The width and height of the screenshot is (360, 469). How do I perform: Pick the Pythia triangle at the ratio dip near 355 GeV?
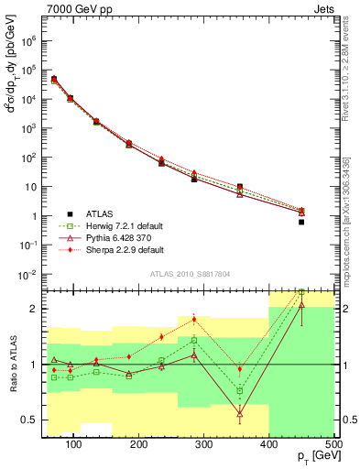[x=240, y=414]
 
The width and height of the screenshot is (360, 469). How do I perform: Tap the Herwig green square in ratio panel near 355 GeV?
[x=240, y=390]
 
